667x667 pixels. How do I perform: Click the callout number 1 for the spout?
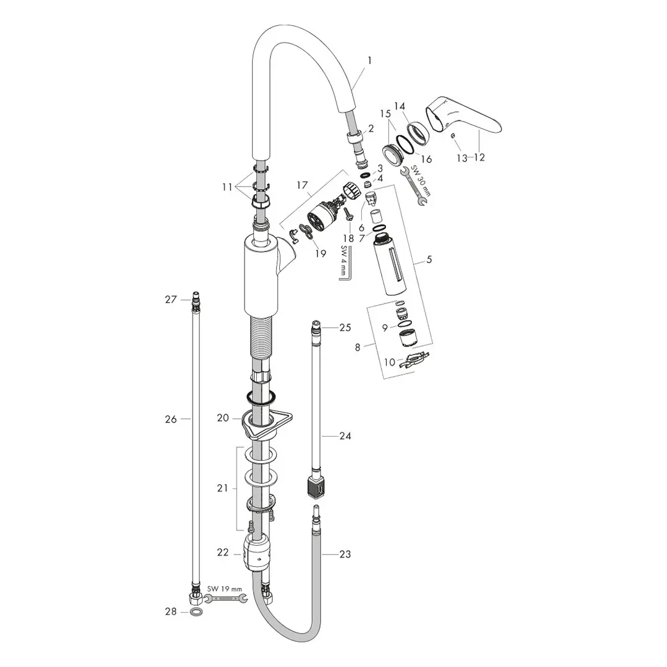(369, 61)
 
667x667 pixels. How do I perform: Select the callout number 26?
(170, 419)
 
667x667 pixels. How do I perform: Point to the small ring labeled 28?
(195, 612)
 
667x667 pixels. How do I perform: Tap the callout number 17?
(302, 184)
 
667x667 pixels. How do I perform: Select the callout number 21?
(222, 488)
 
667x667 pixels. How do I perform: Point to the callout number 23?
(345, 555)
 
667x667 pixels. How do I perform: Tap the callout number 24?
(345, 436)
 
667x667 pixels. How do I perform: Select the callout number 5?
(429, 260)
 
